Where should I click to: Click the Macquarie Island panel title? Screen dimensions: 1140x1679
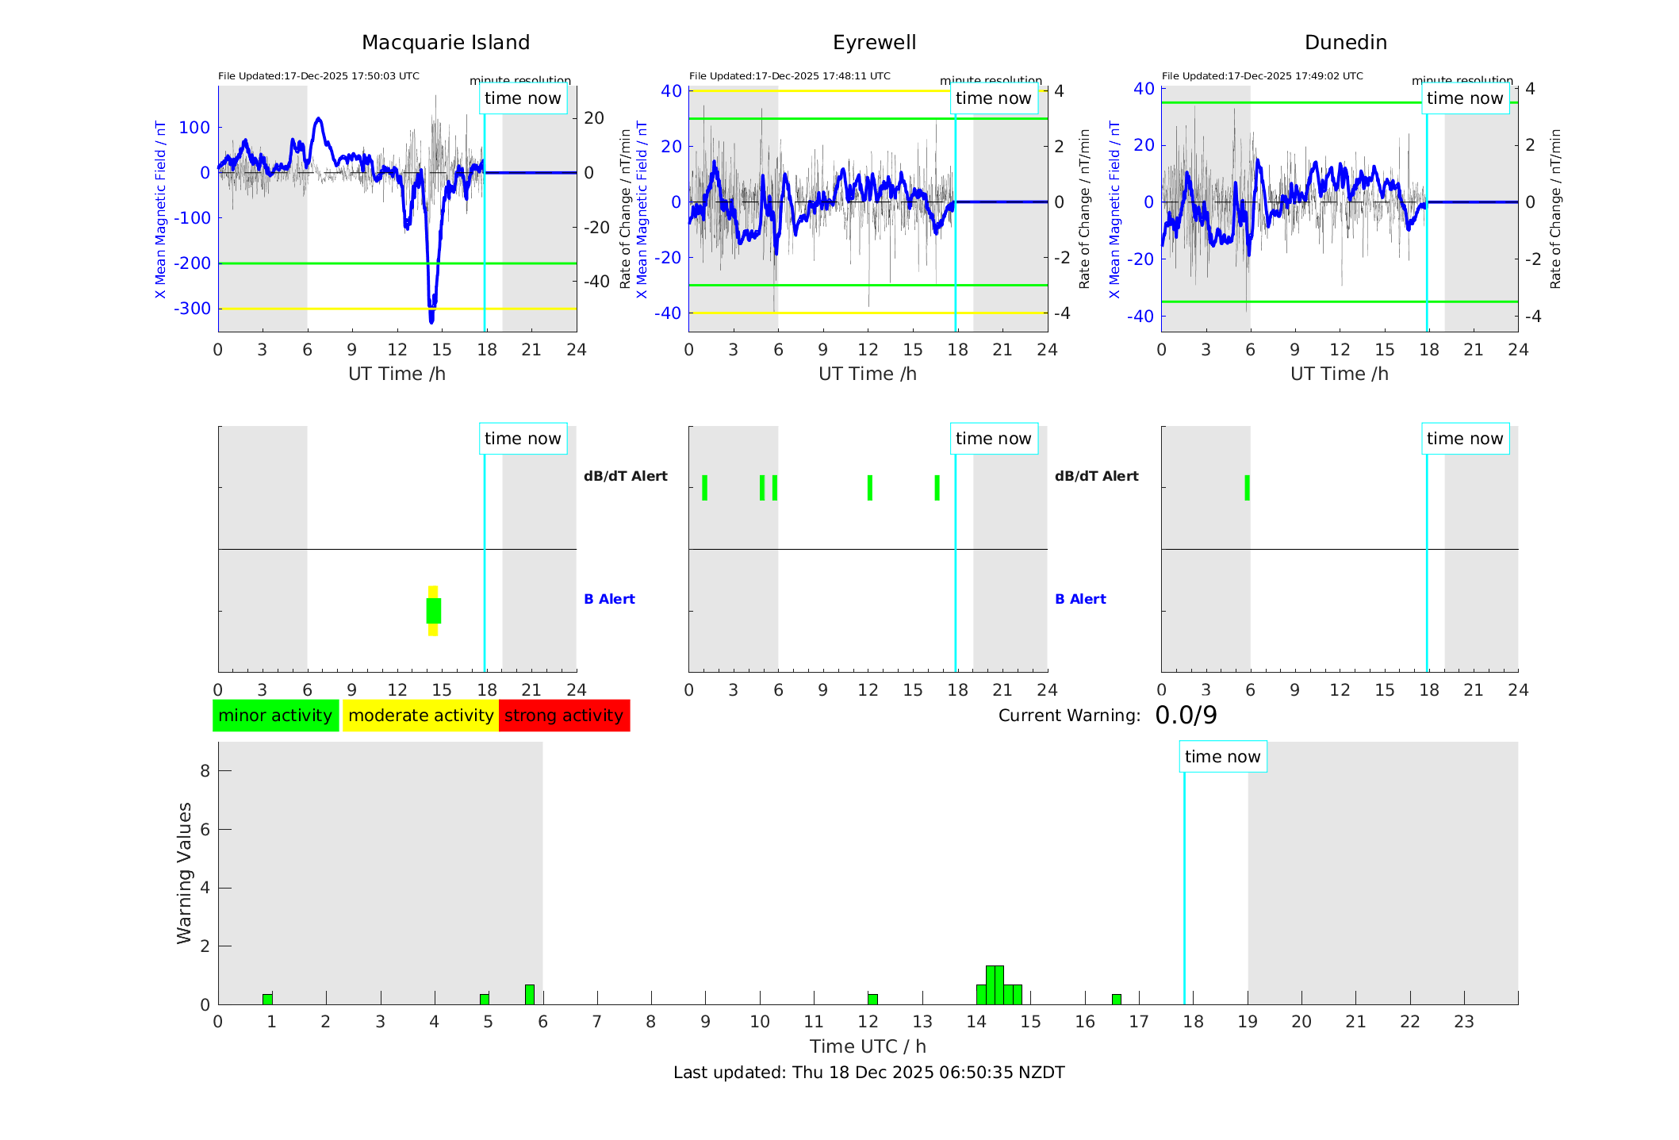(445, 43)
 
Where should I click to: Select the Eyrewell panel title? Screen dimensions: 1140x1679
(874, 43)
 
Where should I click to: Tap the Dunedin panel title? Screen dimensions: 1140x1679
(1345, 43)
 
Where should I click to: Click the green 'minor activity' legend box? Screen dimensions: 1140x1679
(275, 716)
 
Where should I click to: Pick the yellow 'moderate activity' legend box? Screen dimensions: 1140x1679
(420, 716)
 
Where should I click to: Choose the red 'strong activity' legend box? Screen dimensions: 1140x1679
(564, 716)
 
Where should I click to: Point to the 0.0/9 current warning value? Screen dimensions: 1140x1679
(1186, 716)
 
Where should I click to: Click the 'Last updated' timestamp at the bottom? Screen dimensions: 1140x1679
(868, 1073)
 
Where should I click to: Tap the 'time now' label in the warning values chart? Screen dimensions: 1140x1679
(1222, 757)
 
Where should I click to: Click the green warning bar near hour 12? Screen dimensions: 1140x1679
(872, 999)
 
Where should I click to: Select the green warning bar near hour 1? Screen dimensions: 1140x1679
(267, 999)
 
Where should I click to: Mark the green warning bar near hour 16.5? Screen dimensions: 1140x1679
(1116, 999)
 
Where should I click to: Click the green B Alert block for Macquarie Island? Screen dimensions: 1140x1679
(433, 611)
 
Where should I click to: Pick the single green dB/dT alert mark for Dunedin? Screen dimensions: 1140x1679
(1247, 488)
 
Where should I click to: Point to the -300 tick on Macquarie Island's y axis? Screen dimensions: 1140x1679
(193, 309)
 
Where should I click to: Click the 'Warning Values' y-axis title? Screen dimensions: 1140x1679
(184, 873)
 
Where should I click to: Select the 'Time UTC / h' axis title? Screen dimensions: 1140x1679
(868, 1046)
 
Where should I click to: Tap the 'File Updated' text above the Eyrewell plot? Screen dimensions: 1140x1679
(789, 76)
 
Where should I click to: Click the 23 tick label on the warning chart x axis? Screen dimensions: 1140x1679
(1463, 1022)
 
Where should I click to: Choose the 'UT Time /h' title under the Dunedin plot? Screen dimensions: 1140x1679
(1339, 374)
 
